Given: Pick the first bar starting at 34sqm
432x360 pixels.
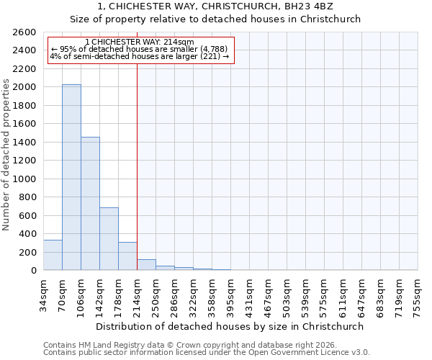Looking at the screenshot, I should (x=53, y=255).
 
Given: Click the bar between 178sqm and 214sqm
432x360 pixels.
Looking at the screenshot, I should (x=127, y=256).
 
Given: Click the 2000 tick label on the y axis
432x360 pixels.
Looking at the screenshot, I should (x=25, y=87).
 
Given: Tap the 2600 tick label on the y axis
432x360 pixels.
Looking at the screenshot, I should (x=25, y=32).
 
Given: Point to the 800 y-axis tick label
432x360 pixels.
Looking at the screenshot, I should (x=28, y=197).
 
